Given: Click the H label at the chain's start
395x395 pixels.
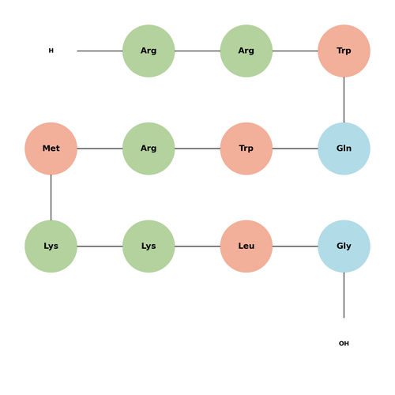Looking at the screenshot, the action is point(51,51).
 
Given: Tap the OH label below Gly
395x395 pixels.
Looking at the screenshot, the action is point(344,344).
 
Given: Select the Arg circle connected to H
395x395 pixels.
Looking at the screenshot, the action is point(149,51).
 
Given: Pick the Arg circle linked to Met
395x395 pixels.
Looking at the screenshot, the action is point(149,149).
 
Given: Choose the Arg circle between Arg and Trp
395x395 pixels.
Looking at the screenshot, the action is point(246,51).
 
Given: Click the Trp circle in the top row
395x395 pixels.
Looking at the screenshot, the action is point(344,51).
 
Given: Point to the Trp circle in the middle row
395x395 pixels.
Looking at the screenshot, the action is point(246,149).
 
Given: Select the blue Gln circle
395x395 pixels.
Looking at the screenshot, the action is point(344,149).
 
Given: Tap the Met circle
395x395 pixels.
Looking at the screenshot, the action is point(51,149).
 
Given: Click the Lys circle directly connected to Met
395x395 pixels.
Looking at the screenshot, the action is point(51,246).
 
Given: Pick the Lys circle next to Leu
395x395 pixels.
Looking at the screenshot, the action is point(149,246).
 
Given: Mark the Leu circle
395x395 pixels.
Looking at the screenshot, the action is point(246,246).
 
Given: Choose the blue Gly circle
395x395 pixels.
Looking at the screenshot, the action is point(344,246).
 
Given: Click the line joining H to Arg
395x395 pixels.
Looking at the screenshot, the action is point(100,51).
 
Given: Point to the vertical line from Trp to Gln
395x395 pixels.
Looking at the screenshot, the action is point(344,100).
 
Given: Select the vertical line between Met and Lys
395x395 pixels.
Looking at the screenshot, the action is point(51,197).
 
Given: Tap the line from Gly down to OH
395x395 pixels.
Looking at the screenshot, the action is point(344,295).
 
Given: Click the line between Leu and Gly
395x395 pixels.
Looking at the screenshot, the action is point(295,246).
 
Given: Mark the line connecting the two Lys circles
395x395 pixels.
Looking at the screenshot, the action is point(100,246).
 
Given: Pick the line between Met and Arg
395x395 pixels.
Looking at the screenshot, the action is point(100,149).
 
